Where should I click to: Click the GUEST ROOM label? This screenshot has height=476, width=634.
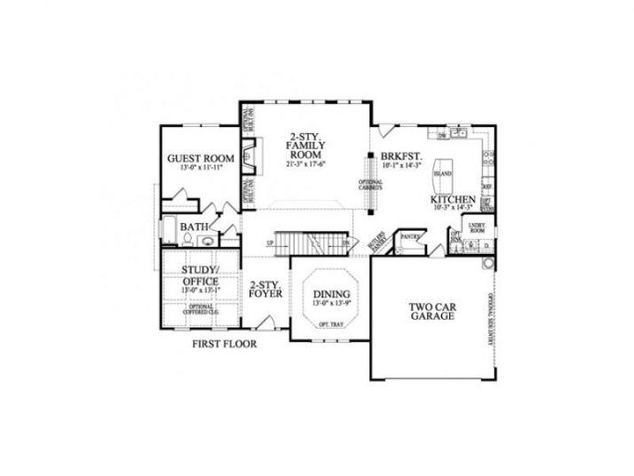pos(201,159)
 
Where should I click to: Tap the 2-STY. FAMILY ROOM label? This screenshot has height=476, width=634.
pos(305,144)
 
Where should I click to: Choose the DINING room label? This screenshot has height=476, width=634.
pos(331,294)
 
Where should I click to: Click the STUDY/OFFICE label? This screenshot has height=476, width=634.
pos(200,274)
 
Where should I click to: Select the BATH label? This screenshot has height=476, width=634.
pos(194,227)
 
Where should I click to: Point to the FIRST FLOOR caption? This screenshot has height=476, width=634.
pos(225,345)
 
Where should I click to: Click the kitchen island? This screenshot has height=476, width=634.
pos(441,172)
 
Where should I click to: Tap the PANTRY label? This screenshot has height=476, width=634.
pos(409,237)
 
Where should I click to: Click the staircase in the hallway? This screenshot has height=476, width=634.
pos(306,242)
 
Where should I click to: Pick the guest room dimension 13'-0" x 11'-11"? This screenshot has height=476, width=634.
pos(201,168)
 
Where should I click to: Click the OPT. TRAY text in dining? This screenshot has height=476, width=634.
pos(330,325)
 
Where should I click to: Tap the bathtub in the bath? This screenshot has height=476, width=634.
pos(170,229)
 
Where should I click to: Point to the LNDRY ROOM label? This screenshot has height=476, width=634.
pos(475,228)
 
